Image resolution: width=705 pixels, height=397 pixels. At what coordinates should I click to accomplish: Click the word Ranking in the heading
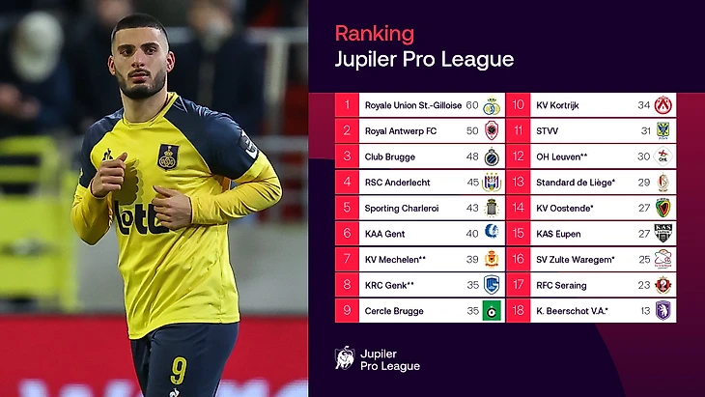pyautogui.click(x=374, y=33)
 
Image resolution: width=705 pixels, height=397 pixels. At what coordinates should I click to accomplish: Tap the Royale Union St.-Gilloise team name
pyautogui.click(x=412, y=105)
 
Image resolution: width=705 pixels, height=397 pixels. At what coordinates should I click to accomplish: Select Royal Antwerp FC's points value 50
pyautogui.click(x=472, y=130)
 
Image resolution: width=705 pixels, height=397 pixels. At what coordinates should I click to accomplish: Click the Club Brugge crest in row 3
pyautogui.click(x=492, y=156)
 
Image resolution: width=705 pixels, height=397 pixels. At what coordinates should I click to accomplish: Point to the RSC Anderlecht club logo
pyautogui.click(x=492, y=182)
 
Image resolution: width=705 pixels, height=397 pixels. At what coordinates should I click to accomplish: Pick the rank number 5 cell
pyautogui.click(x=347, y=208)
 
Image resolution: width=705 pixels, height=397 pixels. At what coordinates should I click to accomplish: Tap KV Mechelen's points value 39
pyautogui.click(x=472, y=260)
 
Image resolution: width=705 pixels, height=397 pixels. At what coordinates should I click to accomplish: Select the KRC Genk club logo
pyautogui.click(x=492, y=285)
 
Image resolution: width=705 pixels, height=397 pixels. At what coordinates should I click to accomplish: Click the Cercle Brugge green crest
pyautogui.click(x=492, y=311)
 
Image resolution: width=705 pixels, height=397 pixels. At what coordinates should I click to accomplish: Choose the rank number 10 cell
pyautogui.click(x=518, y=105)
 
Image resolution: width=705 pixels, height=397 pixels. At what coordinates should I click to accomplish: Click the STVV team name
pyautogui.click(x=549, y=130)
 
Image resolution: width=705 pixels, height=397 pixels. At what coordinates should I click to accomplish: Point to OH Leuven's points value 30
pyautogui.click(x=643, y=156)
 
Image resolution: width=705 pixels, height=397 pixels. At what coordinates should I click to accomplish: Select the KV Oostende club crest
pyautogui.click(x=663, y=208)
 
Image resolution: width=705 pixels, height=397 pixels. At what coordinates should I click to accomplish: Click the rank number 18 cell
pyautogui.click(x=518, y=311)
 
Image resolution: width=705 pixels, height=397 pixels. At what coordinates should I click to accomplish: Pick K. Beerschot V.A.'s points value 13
pyautogui.click(x=643, y=311)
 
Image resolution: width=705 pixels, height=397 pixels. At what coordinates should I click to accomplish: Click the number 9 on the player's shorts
pyautogui.click(x=177, y=369)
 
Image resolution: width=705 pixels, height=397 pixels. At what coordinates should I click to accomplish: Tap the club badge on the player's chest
pyautogui.click(x=168, y=156)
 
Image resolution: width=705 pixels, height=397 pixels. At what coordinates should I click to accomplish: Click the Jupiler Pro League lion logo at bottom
pyautogui.click(x=344, y=357)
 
